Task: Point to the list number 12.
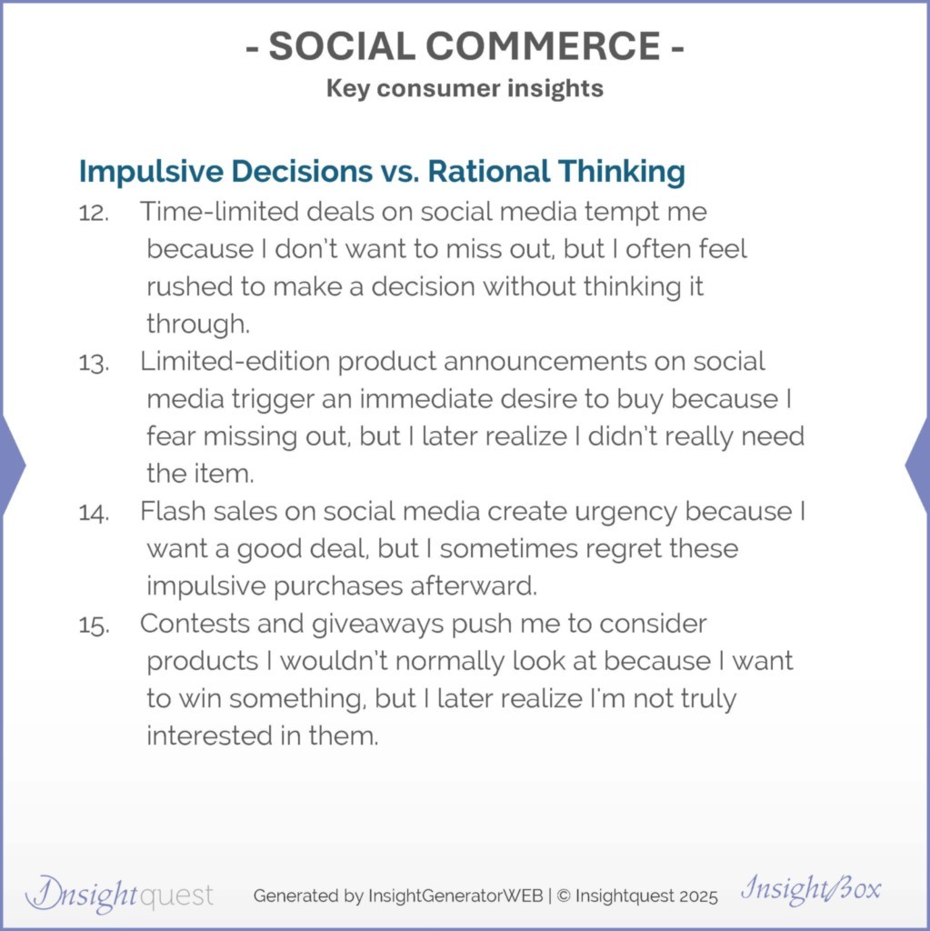tap(94, 213)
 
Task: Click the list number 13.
tap(94, 363)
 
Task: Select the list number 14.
tap(94, 513)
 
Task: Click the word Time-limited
tap(219, 211)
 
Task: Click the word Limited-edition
tap(235, 361)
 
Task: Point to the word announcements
tap(545, 362)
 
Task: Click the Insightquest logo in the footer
tap(119, 895)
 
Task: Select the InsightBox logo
tap(811, 889)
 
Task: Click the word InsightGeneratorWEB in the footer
tap(455, 896)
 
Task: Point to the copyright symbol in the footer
tap(565, 896)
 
